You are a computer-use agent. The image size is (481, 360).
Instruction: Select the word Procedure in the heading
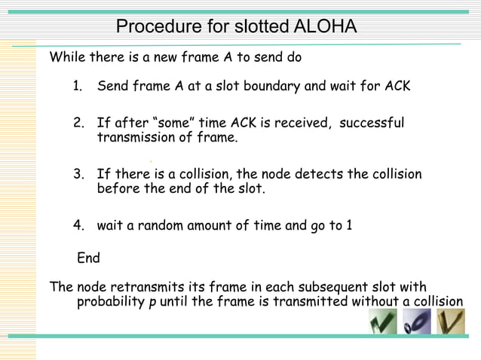point(157,27)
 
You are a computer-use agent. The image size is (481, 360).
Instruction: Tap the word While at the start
point(67,57)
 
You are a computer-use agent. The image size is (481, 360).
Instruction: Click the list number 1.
point(77,86)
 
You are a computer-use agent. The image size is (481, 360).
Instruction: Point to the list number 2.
point(78,123)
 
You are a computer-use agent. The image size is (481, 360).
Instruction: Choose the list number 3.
point(78,175)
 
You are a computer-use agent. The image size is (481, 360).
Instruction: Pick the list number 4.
point(78,225)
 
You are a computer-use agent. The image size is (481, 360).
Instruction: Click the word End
point(89,258)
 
